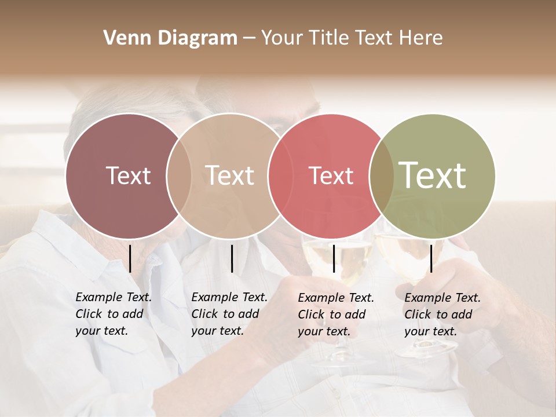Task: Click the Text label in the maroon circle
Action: [x=128, y=175]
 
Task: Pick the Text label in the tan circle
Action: [x=230, y=175]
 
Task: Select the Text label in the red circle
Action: [x=331, y=175]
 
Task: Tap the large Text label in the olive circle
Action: [x=433, y=175]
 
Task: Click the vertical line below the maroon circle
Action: [x=130, y=258]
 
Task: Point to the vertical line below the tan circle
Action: [x=232, y=258]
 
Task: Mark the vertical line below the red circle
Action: [x=334, y=258]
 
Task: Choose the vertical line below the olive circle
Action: [x=431, y=258]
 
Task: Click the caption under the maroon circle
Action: [x=113, y=314]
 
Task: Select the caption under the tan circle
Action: [x=229, y=314]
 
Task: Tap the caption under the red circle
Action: [x=335, y=314]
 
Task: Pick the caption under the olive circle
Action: [x=442, y=314]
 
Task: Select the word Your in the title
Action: [x=281, y=38]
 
